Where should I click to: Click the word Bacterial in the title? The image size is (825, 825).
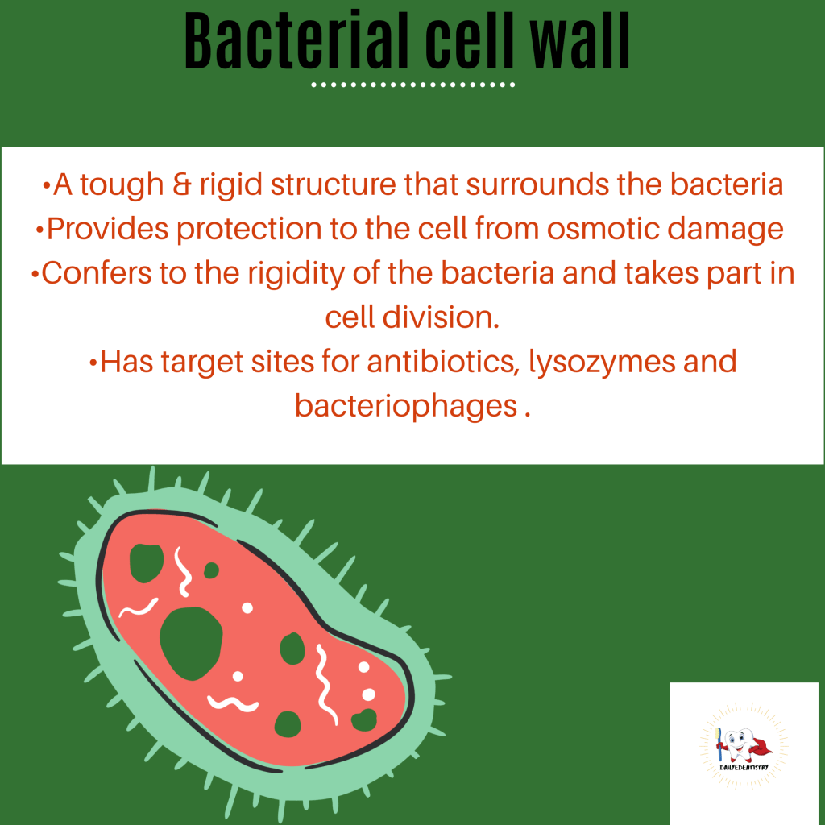tap(296, 40)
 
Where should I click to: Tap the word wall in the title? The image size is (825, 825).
tap(580, 40)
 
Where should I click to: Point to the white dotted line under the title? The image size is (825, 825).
tap(413, 85)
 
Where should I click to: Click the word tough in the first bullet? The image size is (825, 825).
tap(122, 184)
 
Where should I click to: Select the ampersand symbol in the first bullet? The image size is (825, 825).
tap(181, 184)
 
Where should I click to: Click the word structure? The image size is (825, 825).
tap(333, 184)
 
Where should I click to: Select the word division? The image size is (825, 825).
tap(441, 317)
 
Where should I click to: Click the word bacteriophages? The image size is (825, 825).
tap(406, 406)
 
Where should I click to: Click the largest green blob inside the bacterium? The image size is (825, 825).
tap(191, 643)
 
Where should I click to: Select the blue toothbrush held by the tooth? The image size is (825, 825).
tap(719, 744)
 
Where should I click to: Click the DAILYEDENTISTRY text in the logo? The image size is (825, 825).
tap(744, 768)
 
